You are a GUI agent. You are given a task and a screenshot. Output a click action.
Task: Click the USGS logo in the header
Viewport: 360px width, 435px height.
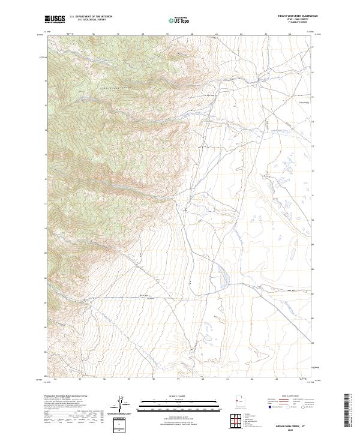55,20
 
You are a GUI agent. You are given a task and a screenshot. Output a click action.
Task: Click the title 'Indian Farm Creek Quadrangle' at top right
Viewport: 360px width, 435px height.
293,16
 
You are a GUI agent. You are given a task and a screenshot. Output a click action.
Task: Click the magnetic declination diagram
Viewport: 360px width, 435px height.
124,404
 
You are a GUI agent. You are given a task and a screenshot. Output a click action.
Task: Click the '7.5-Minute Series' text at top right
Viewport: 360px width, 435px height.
293,25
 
